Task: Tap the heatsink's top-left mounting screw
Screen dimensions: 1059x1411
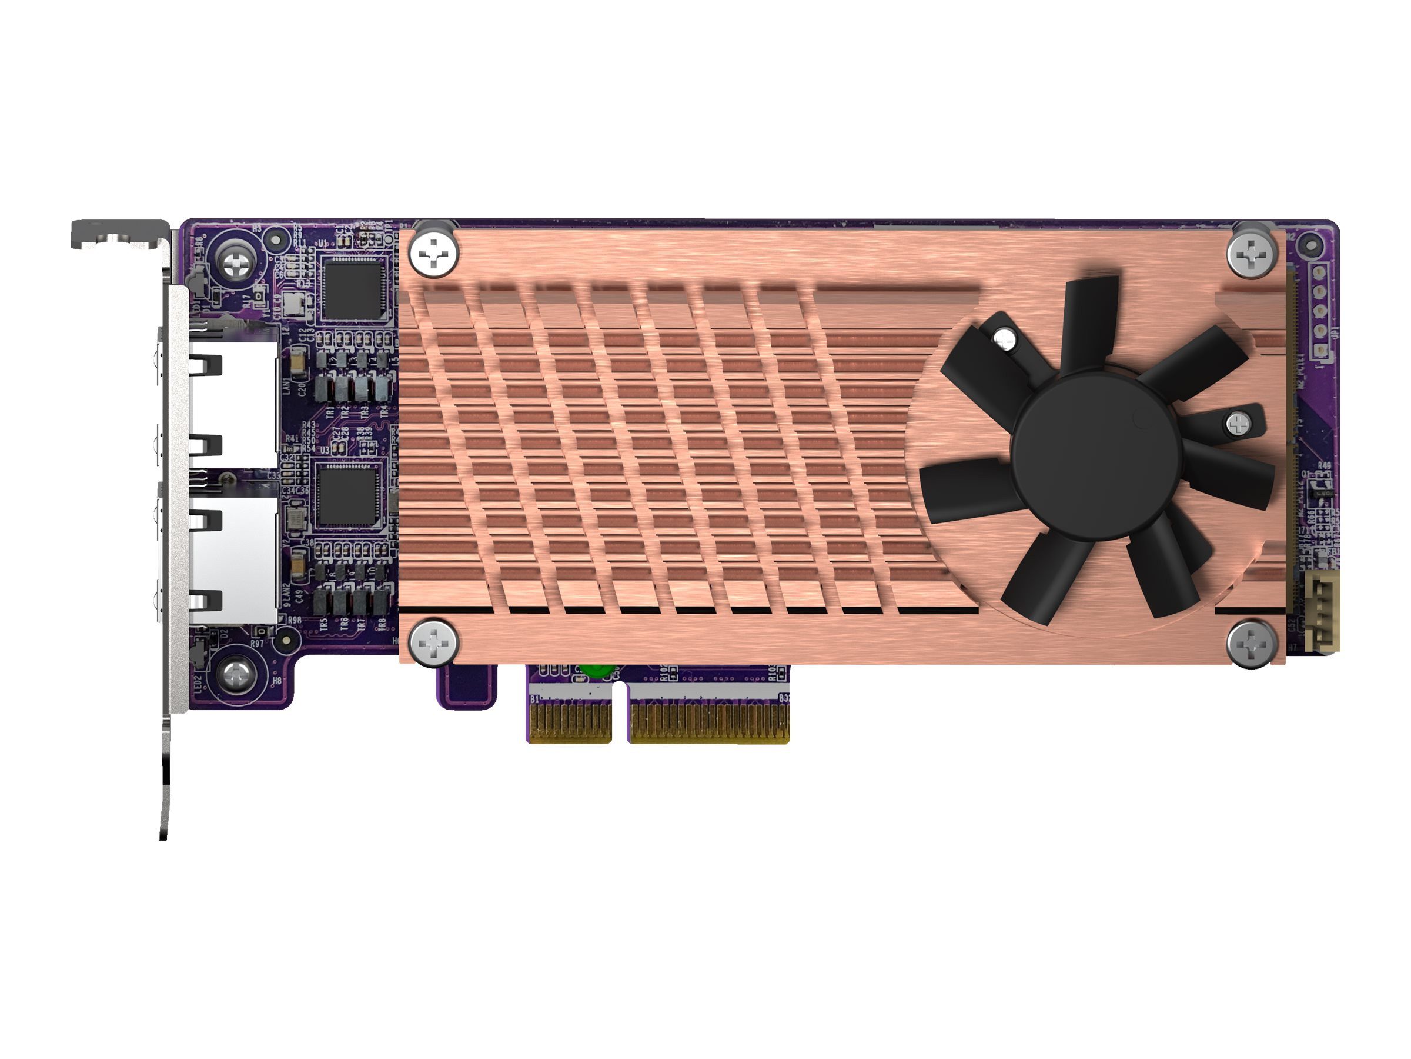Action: [x=434, y=254]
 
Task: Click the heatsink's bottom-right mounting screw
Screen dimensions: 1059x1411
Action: [x=1252, y=644]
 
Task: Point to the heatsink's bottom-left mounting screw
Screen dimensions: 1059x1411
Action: [x=433, y=643]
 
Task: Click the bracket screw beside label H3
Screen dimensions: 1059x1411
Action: [x=236, y=261]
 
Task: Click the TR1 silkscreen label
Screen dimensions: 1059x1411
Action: [x=330, y=412]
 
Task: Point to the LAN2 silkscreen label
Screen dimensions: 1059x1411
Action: [x=287, y=593]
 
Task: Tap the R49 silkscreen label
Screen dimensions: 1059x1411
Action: [x=1323, y=467]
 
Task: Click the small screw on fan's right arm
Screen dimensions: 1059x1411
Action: [x=1239, y=422]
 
